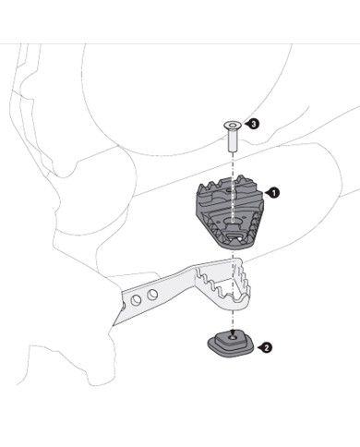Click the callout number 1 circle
pos(274,193)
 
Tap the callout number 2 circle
pos(267,348)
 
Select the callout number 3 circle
pos(253,123)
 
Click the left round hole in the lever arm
pos(138,300)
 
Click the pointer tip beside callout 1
pos(264,193)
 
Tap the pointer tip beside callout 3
pos(244,123)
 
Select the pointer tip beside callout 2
pos(258,348)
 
